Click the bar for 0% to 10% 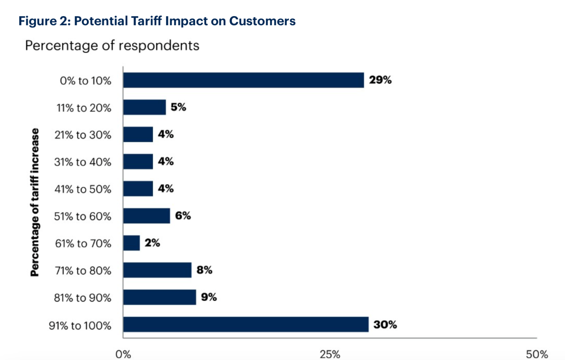click(243, 80)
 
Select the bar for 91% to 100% click(246, 324)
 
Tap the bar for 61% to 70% click(132, 243)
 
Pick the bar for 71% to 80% click(157, 270)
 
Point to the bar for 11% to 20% click(144, 107)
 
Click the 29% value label click(380, 80)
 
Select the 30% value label click(385, 325)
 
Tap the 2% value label click(152, 243)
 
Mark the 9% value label click(208, 297)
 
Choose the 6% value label click(183, 216)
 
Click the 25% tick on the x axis click(329, 355)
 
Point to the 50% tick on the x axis click(536, 355)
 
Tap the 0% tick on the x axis click(123, 355)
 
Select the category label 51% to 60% click(82, 216)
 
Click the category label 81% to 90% click(82, 298)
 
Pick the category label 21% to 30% click(82, 135)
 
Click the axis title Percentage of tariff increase click(35, 202)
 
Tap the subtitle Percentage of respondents click(112, 46)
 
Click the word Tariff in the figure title click(146, 21)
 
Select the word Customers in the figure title click(262, 21)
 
